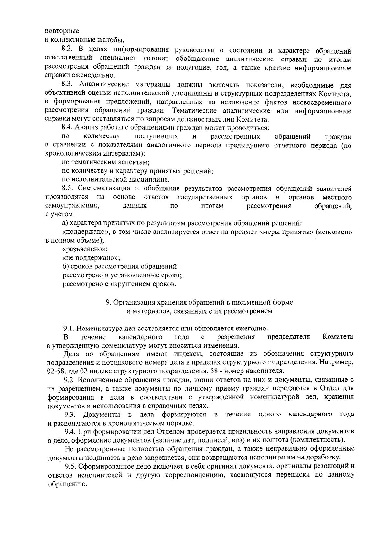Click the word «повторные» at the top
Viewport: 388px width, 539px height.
click(x=61, y=31)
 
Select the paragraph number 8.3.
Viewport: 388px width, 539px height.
click(x=68, y=85)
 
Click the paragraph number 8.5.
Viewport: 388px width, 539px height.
click(x=68, y=188)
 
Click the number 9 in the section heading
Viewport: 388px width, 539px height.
click(x=108, y=303)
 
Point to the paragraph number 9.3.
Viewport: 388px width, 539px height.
click(x=70, y=414)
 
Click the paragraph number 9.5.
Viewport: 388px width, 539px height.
click(x=70, y=466)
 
